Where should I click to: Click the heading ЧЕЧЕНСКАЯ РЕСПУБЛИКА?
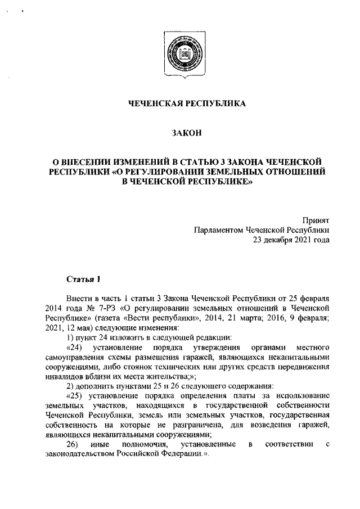click(179, 103)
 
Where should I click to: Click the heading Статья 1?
click(83, 279)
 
